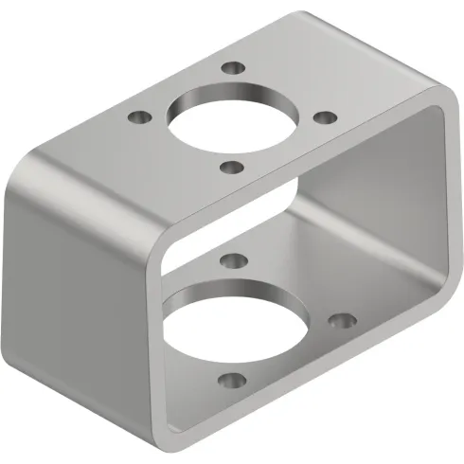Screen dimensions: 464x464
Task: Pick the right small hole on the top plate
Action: coord(324,117)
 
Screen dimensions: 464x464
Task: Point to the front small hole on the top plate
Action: coord(230,168)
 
